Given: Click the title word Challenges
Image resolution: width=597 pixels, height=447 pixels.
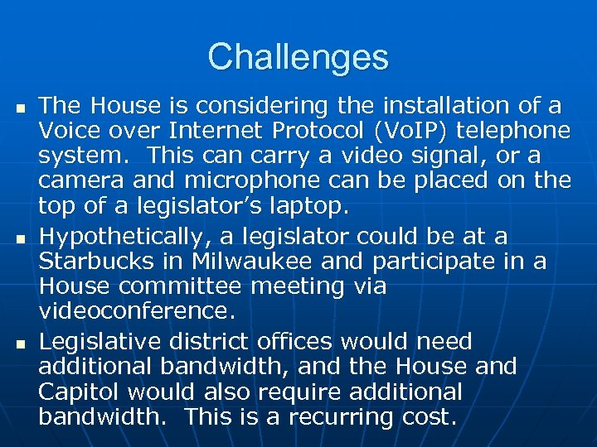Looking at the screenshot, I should pyautogui.click(x=298, y=57).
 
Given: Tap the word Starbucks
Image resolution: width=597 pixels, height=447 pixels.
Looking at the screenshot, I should pyautogui.click(x=92, y=262).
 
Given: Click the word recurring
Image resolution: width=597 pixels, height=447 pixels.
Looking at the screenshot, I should pyautogui.click(x=354, y=416).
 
